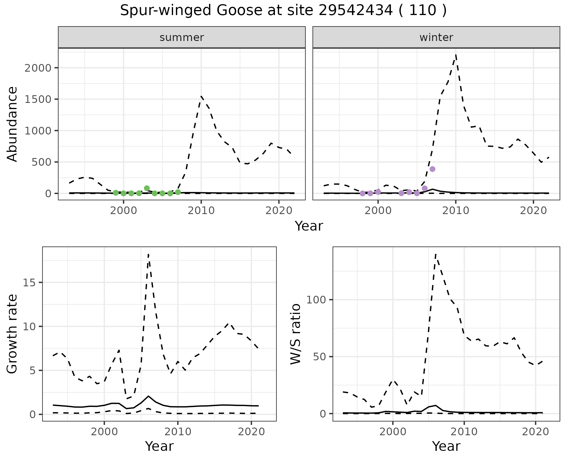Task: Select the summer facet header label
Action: click(182, 37)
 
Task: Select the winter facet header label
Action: click(436, 37)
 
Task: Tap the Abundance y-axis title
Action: click(12, 124)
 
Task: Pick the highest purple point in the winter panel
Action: click(432, 169)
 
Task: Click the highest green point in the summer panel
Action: click(147, 188)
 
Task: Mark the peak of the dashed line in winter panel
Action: click(456, 55)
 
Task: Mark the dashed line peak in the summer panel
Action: click(201, 96)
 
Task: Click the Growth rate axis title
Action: click(12, 334)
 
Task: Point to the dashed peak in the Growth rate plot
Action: click(149, 254)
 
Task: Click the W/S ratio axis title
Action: click(296, 334)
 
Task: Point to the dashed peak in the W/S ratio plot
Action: click(436, 254)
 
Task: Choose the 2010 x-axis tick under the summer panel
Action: click(201, 211)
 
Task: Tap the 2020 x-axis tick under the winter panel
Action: click(533, 211)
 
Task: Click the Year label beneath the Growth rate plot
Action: click(159, 446)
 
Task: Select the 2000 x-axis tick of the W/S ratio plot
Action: click(392, 432)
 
